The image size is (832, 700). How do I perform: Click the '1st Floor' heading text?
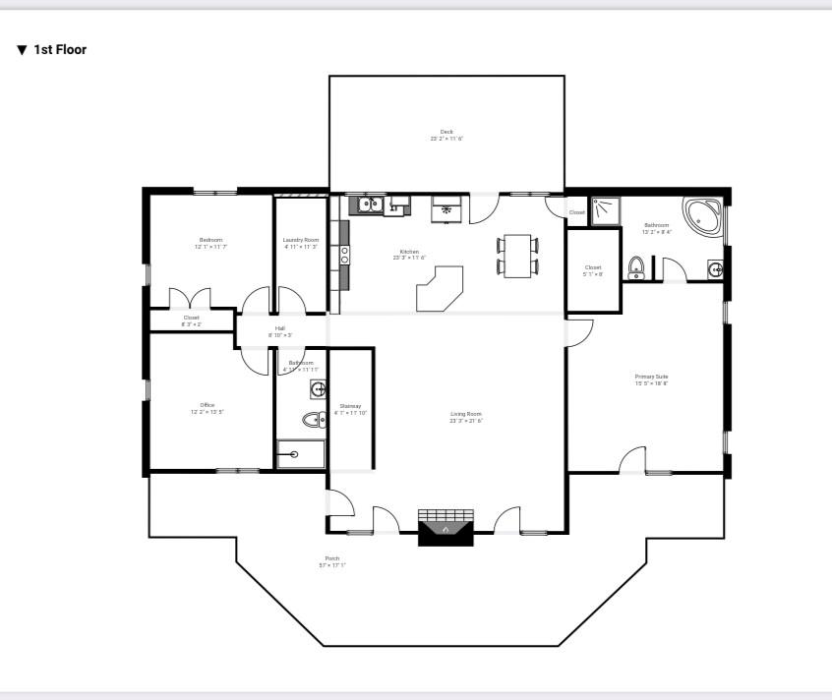pos(60,49)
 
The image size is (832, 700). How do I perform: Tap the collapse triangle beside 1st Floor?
pos(22,49)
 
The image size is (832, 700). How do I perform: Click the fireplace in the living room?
pos(446,527)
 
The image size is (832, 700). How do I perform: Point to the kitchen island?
pos(439,288)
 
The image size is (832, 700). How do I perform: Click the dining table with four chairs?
pos(517,256)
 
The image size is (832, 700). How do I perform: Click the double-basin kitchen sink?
pos(370,204)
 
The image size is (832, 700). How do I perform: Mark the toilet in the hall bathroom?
pos(314,421)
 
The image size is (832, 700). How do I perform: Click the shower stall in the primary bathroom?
pos(606,209)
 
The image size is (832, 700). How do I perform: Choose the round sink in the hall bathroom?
pos(318,390)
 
